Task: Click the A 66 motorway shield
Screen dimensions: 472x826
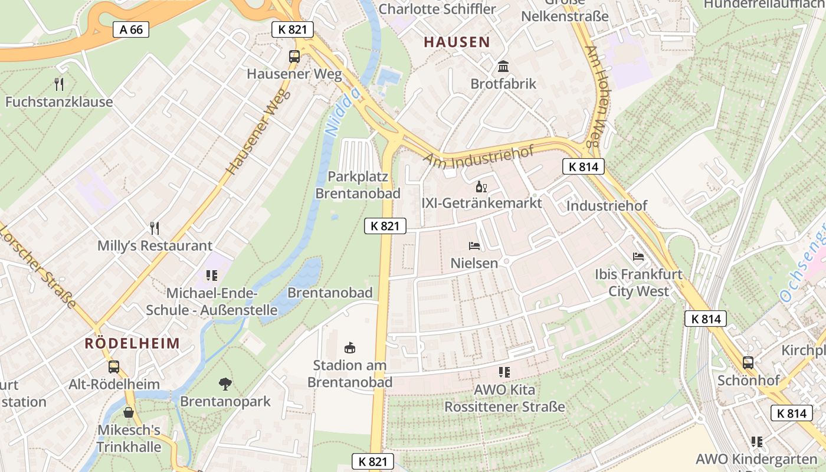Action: tap(131, 29)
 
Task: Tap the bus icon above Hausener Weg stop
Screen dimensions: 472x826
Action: tap(294, 57)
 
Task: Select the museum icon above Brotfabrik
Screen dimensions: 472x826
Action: tap(503, 66)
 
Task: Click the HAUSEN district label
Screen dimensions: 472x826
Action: tap(457, 42)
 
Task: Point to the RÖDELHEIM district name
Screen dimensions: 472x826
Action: tap(132, 343)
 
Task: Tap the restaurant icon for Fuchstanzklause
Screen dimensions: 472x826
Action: tap(59, 84)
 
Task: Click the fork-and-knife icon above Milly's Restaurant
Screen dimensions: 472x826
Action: tap(155, 228)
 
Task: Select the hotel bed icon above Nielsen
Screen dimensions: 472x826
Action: tap(474, 245)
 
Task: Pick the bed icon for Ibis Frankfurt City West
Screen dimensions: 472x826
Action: tap(638, 257)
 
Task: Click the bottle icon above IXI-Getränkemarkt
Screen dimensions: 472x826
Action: tap(481, 188)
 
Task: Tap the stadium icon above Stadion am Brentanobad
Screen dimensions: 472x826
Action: tap(350, 348)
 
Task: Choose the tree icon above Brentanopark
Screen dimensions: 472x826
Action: tap(225, 384)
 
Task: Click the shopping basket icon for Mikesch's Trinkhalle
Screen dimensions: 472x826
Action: tap(129, 412)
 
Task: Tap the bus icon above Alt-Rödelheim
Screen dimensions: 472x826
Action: tap(114, 366)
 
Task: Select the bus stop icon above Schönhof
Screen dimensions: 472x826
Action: tap(748, 362)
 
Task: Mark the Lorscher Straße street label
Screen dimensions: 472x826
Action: tap(38, 265)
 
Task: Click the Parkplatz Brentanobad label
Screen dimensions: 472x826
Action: tap(358, 185)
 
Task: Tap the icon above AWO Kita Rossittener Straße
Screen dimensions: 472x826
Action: tap(504, 372)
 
